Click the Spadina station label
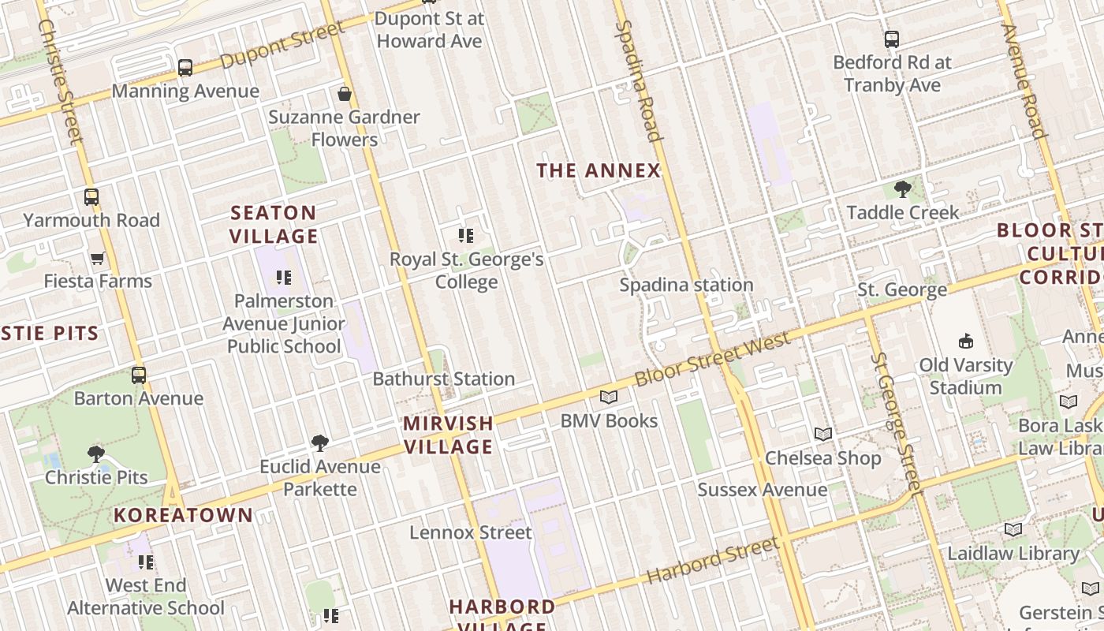(686, 285)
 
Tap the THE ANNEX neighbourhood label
(598, 170)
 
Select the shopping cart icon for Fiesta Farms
(98, 258)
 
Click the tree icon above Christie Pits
(95, 454)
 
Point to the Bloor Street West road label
(711, 359)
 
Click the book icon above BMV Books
(608, 397)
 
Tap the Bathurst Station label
(443, 379)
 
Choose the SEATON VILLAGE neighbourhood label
(274, 224)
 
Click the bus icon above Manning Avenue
(185, 68)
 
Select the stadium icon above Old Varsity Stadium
(965, 341)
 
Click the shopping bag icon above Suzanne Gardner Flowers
(344, 94)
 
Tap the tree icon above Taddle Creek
(902, 189)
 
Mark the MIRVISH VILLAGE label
(448, 435)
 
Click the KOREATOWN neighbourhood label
(183, 516)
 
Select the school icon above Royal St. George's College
(466, 235)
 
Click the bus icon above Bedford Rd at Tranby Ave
(892, 39)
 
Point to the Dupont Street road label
(282, 46)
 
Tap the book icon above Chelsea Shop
(822, 434)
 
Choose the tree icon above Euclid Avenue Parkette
(319, 443)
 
